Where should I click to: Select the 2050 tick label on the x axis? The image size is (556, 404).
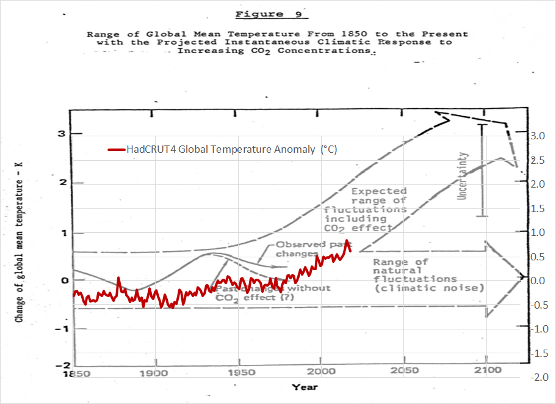[405, 370]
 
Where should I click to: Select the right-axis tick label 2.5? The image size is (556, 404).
[537, 160]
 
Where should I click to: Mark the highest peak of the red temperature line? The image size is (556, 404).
[347, 241]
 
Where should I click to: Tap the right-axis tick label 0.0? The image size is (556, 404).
[537, 281]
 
